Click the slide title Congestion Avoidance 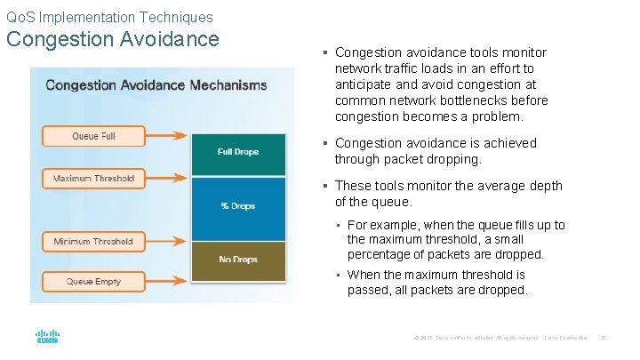[x=113, y=39]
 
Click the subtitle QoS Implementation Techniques [x=109, y=17]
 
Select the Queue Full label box [x=93, y=136]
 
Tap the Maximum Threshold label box [x=93, y=178]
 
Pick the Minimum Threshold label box [x=93, y=241]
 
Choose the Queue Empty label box [x=93, y=282]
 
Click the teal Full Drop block [x=237, y=153]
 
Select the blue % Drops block [x=237, y=206]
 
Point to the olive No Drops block [x=237, y=260]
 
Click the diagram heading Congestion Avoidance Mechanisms [x=156, y=85]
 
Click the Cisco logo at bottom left [x=47, y=338]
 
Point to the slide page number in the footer [x=603, y=338]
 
